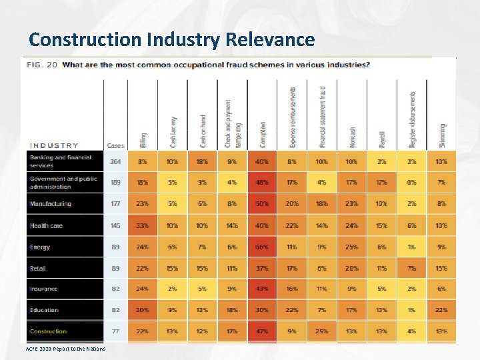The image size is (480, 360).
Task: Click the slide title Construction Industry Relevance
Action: tap(172, 39)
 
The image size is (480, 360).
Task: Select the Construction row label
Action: tap(48, 331)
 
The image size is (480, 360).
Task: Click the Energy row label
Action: tap(40, 247)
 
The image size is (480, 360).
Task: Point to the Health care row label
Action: tap(46, 226)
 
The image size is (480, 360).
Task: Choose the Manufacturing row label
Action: tap(50, 204)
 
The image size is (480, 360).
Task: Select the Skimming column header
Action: tap(442, 136)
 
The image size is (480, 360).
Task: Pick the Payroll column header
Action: tap(382, 139)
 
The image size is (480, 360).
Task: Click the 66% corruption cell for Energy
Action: tap(262, 247)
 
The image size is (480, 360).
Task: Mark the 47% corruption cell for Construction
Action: tap(262, 331)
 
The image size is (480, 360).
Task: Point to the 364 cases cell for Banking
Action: tap(116, 161)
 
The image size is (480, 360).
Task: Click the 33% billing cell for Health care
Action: tap(143, 226)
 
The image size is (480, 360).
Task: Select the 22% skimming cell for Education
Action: tap(441, 310)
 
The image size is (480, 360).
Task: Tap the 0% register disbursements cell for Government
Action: tap(411, 183)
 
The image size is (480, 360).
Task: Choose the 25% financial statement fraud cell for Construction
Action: tap(322, 331)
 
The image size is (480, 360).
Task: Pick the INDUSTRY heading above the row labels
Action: tap(54, 145)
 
